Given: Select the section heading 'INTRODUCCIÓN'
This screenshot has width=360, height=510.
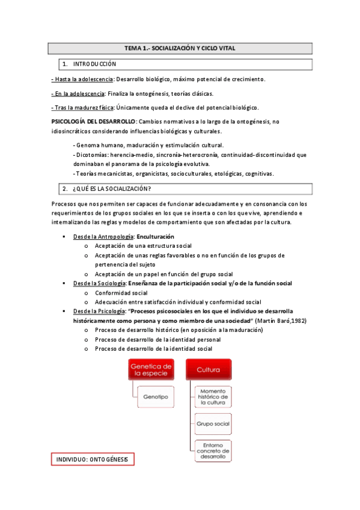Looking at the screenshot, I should tap(95, 64).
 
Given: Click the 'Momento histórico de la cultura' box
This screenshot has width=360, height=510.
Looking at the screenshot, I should tap(212, 398).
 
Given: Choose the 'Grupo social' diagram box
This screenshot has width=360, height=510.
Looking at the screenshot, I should tap(212, 424).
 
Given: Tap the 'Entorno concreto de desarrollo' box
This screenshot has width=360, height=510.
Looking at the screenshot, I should tap(212, 451).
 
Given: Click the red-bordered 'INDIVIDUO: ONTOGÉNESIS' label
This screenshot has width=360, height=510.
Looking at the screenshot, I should tap(92, 460).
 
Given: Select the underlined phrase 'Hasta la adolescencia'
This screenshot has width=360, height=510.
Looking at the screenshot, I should tap(78, 79).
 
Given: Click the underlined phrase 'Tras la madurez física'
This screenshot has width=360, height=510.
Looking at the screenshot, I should tap(79, 108).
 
